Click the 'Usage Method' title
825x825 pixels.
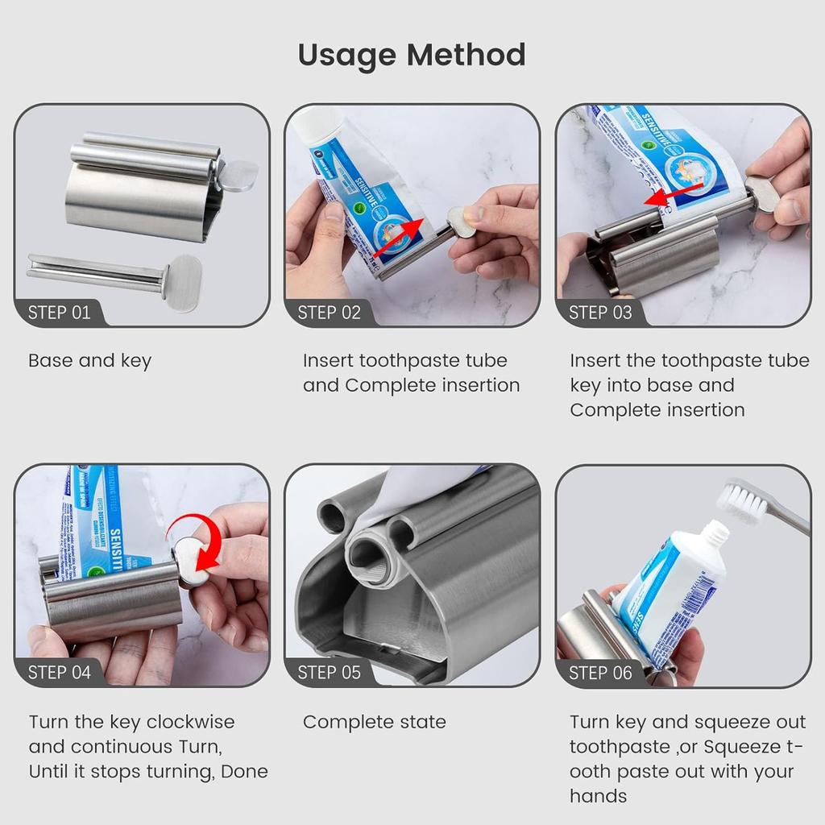412,55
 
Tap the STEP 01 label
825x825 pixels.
59,313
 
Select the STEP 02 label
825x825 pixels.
329,313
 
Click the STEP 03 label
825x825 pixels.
600,313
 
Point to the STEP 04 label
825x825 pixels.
59,672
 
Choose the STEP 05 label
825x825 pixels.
329,672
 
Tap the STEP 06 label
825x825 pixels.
600,672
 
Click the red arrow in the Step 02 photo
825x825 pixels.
396,238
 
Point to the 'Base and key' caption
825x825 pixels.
89,361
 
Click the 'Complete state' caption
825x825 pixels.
374,722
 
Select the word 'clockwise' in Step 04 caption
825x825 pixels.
191,722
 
